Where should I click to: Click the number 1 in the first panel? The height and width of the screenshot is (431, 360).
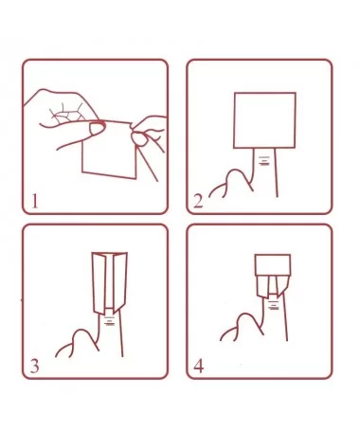click(35, 201)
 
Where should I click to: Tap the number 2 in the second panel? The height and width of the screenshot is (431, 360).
click(198, 201)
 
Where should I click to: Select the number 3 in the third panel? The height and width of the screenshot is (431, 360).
click(34, 366)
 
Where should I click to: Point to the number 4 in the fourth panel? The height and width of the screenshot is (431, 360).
click(198, 366)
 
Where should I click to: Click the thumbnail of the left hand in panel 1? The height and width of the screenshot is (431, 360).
click(98, 128)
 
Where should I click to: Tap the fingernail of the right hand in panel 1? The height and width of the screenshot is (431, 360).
click(139, 139)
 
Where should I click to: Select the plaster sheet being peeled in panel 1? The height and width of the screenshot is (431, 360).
click(109, 149)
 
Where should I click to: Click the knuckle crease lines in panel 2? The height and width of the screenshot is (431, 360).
click(263, 160)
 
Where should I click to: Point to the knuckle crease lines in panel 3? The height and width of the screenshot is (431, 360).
click(109, 320)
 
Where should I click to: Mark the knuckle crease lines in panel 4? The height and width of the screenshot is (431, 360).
click(274, 305)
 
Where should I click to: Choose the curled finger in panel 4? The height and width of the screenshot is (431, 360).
click(242, 327)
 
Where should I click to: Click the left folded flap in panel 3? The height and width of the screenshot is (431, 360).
click(99, 283)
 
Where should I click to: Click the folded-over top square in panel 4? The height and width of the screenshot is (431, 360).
click(273, 264)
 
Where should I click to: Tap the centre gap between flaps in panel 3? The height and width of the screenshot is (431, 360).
click(110, 281)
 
